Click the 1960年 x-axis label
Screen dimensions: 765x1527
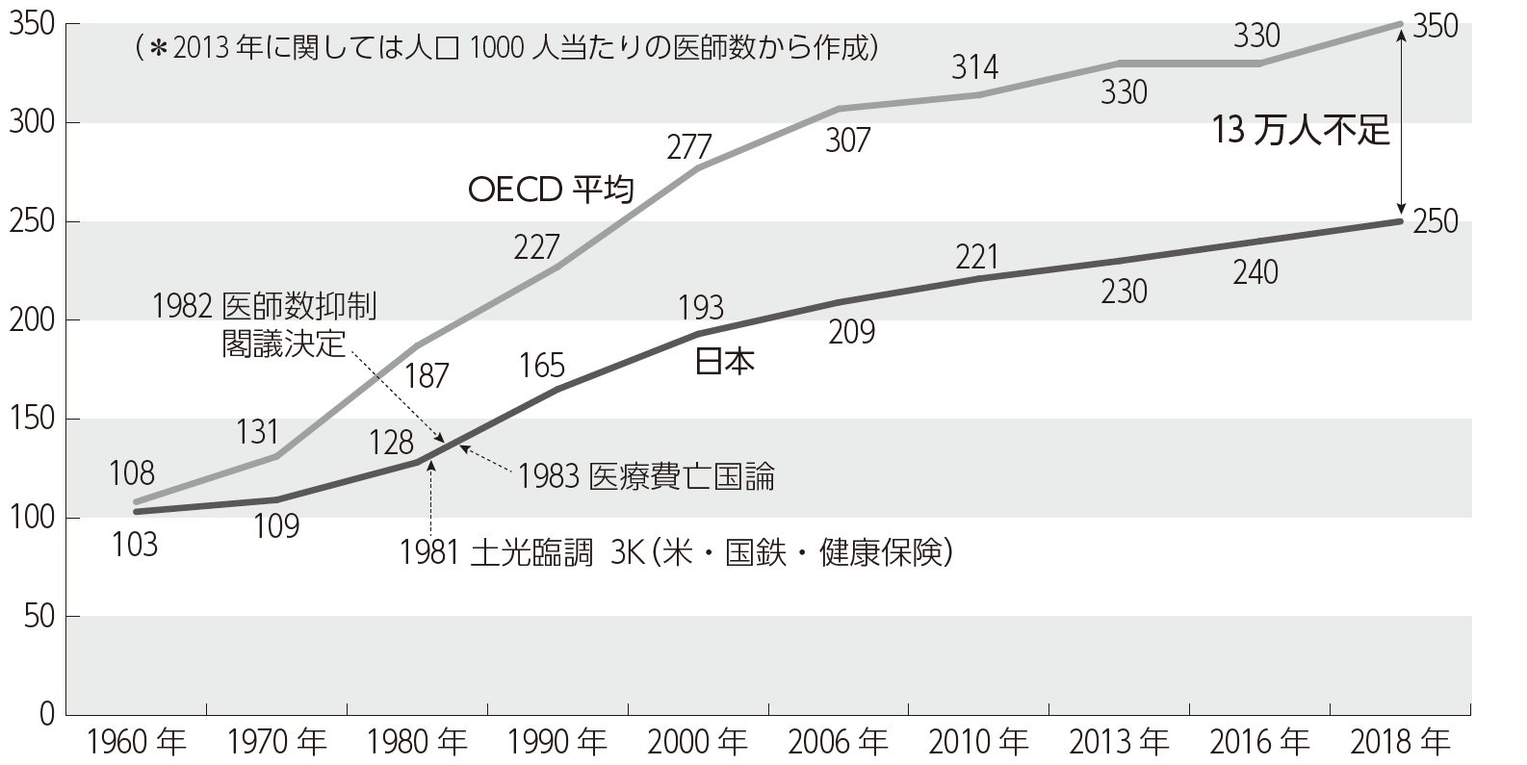pyautogui.click(x=136, y=742)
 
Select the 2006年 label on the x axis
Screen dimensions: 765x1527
pyautogui.click(x=838, y=742)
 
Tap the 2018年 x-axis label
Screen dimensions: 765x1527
pyautogui.click(x=1400, y=742)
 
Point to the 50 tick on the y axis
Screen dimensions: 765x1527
pyautogui.click(x=34, y=616)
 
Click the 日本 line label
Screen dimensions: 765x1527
pyautogui.click(x=724, y=362)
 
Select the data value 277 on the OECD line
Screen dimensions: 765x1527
pyautogui.click(x=688, y=147)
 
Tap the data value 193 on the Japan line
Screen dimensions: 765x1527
pyautogui.click(x=700, y=308)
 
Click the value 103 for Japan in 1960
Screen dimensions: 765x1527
pyautogui.click(x=135, y=546)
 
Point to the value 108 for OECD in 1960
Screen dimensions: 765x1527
pyautogui.click(x=133, y=473)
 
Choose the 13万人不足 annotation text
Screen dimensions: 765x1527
pyautogui.click(x=1301, y=130)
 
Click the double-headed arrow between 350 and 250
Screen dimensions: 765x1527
pyautogui.click(x=1401, y=121)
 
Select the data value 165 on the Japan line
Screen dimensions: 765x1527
pyautogui.click(x=541, y=366)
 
